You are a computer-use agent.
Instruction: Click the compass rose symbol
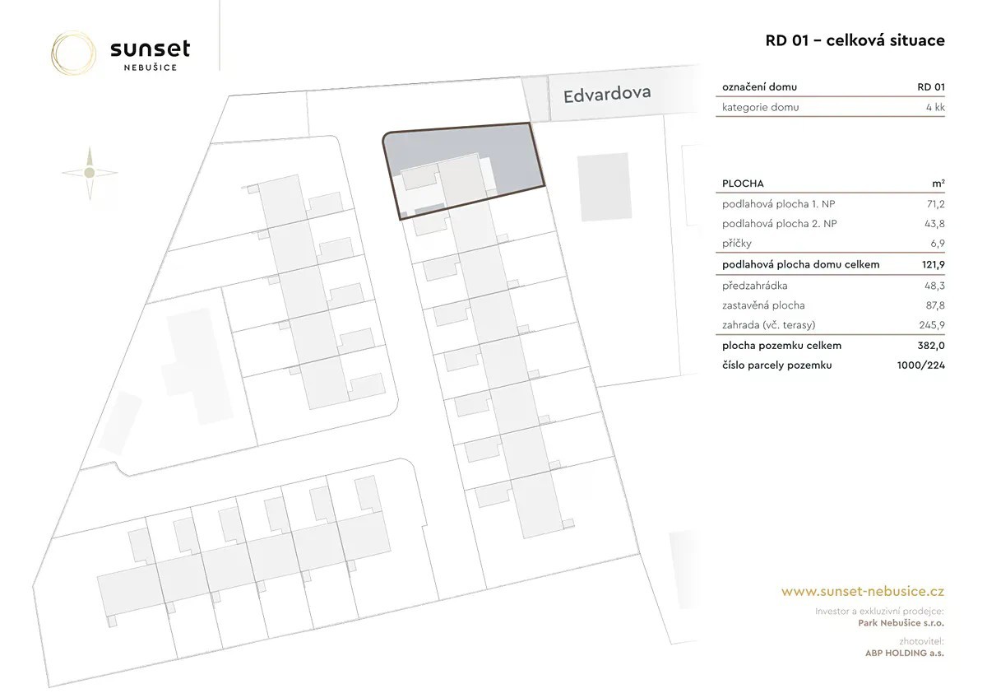(90, 173)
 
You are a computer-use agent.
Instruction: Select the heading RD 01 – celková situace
(855, 40)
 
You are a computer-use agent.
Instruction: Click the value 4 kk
(935, 107)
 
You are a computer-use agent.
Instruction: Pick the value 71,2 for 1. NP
(936, 204)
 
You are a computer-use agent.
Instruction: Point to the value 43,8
(934, 224)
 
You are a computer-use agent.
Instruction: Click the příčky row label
(737, 244)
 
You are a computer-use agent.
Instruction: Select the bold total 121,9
(934, 264)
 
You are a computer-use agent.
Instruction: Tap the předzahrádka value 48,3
(934, 286)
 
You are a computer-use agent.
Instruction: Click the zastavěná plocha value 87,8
(935, 305)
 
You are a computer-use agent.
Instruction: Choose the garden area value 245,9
(932, 325)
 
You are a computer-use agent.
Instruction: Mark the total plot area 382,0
(931, 345)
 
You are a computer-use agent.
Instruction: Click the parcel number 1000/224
(921, 365)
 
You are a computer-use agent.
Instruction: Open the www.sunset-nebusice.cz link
(863, 591)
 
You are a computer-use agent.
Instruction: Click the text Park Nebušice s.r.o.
(901, 623)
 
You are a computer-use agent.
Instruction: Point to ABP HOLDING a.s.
(905, 653)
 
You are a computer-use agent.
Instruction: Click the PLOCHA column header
(743, 184)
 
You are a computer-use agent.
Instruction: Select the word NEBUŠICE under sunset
(151, 67)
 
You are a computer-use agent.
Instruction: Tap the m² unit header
(938, 184)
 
